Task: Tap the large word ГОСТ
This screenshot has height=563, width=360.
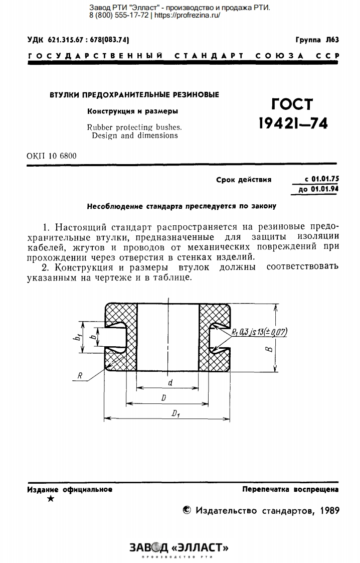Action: click(x=292, y=104)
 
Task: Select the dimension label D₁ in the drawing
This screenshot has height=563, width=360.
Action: click(x=175, y=414)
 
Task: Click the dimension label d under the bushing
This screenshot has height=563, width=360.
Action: click(x=170, y=383)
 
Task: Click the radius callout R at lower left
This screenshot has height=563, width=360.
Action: click(x=80, y=375)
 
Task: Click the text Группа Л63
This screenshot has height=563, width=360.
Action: click(x=317, y=40)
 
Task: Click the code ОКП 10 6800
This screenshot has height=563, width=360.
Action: click(x=52, y=156)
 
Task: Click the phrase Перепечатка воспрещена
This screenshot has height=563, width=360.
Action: click(x=290, y=489)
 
